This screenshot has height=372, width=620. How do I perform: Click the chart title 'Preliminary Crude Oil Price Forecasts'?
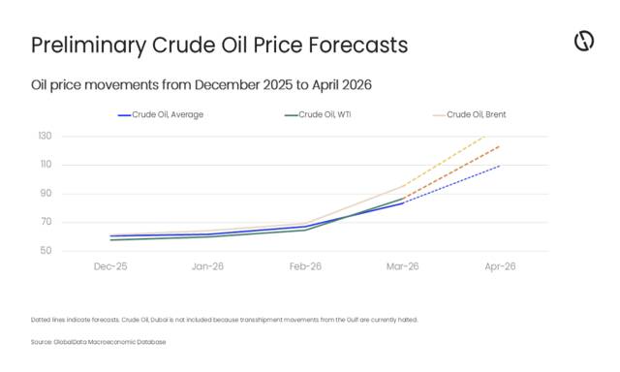(x=219, y=46)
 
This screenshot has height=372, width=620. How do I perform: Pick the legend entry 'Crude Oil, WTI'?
(x=327, y=114)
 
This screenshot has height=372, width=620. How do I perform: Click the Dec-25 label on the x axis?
(x=109, y=265)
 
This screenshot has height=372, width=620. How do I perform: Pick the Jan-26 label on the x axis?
(x=207, y=265)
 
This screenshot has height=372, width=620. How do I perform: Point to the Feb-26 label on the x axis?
(x=305, y=265)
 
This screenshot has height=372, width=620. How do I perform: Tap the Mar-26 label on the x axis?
(x=402, y=265)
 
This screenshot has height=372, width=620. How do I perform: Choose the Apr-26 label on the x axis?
(x=500, y=265)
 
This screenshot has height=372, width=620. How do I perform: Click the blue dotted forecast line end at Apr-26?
(x=500, y=166)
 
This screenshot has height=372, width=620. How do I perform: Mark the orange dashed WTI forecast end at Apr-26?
(x=500, y=145)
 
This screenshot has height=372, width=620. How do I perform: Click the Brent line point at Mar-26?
(x=402, y=186)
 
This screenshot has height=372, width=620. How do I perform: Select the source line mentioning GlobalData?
(x=98, y=342)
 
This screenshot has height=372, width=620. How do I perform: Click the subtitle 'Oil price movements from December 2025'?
(x=201, y=85)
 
